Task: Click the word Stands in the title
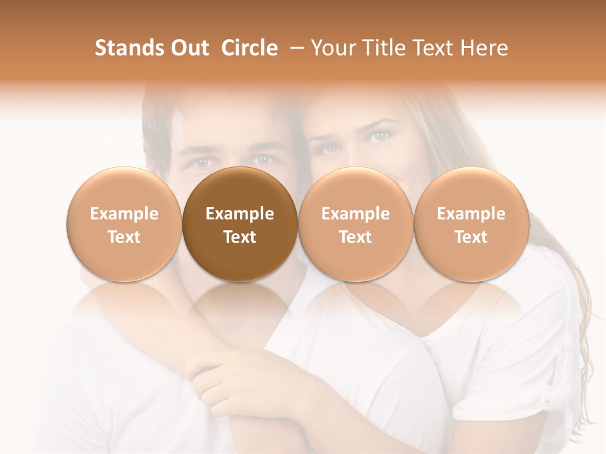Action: pyautogui.click(x=129, y=48)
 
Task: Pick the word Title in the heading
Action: pyautogui.click(x=384, y=48)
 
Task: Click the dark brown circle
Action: pyautogui.click(x=240, y=224)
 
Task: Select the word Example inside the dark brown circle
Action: pyautogui.click(x=240, y=214)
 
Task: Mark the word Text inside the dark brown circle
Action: pyautogui.click(x=240, y=237)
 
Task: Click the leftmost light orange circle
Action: pyautogui.click(x=124, y=224)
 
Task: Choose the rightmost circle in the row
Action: pyautogui.click(x=471, y=224)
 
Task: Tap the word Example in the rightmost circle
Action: pyautogui.click(x=471, y=214)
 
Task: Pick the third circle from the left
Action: pyautogui.click(x=355, y=224)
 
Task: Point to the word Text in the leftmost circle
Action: pyautogui.click(x=124, y=237)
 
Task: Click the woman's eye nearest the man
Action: pyautogui.click(x=328, y=149)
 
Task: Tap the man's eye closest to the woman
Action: pyautogui.click(x=263, y=160)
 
